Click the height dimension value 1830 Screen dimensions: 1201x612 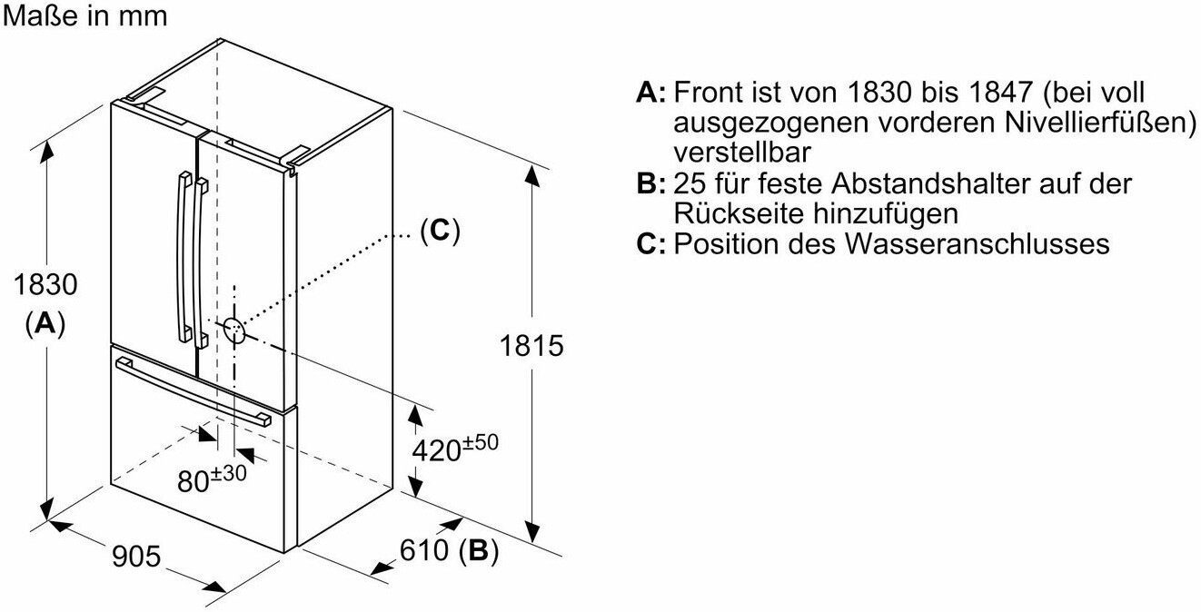[x=45, y=285]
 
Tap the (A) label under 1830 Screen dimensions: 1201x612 [x=45, y=323]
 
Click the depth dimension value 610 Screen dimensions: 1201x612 [x=424, y=550]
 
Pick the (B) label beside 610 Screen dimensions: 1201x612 [x=479, y=550]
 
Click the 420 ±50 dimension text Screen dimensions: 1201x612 [x=455, y=449]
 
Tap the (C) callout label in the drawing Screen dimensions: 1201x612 [x=440, y=231]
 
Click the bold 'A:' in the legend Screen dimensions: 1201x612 [x=652, y=93]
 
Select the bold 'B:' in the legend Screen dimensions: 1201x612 [x=652, y=185]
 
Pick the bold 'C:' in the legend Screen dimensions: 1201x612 [x=652, y=244]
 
